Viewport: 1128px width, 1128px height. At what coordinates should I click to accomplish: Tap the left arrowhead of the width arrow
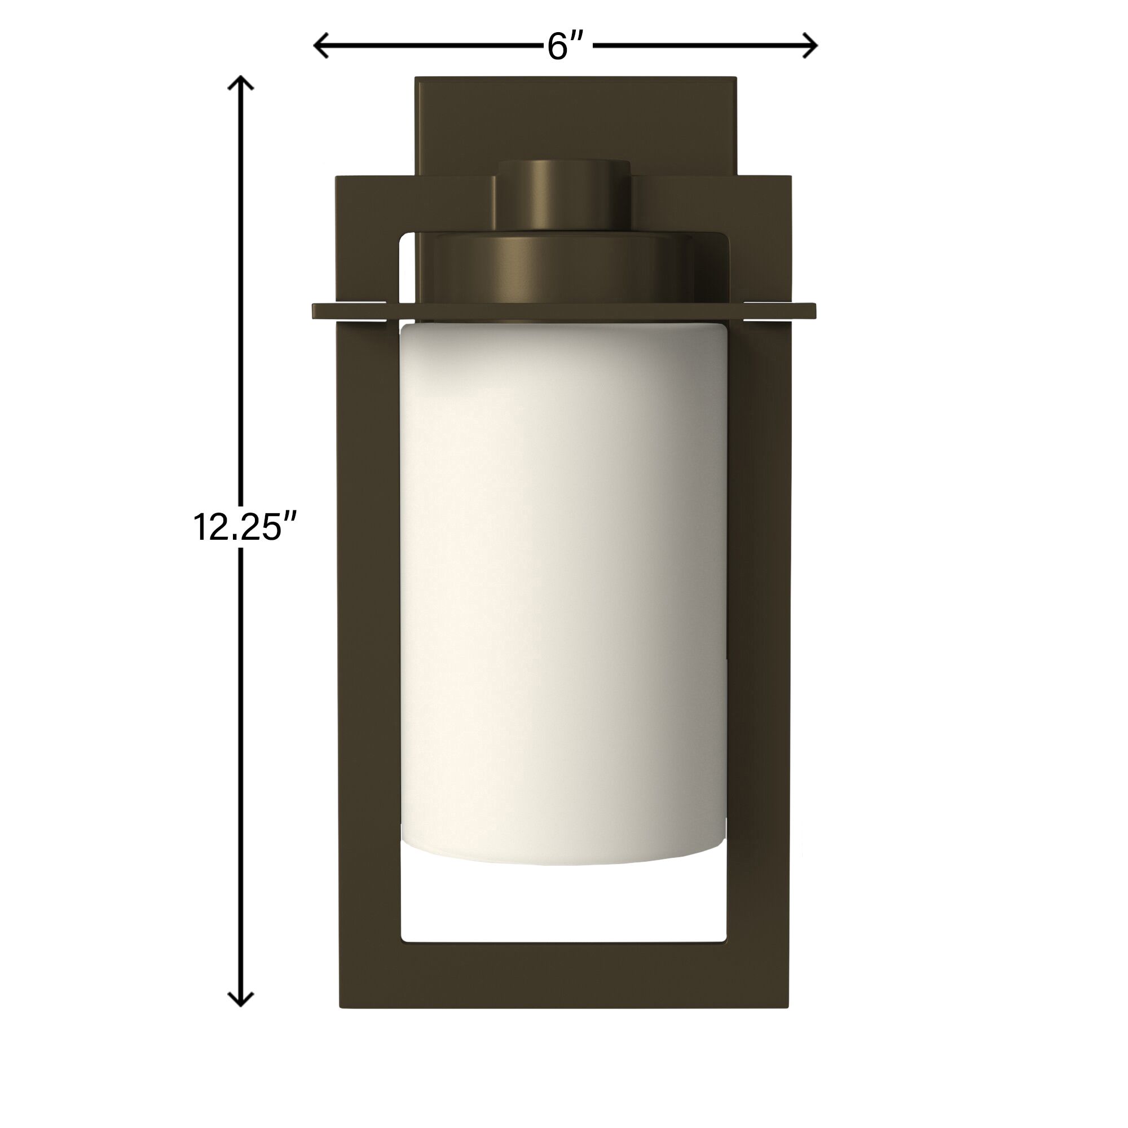pyautogui.click(x=320, y=46)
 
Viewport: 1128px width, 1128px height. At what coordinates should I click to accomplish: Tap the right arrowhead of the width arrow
pyautogui.click(x=810, y=46)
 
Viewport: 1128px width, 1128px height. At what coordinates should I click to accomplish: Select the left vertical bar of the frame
pyautogui.click(x=369, y=642)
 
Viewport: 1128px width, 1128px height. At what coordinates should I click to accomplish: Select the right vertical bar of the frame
pyautogui.click(x=759, y=642)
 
